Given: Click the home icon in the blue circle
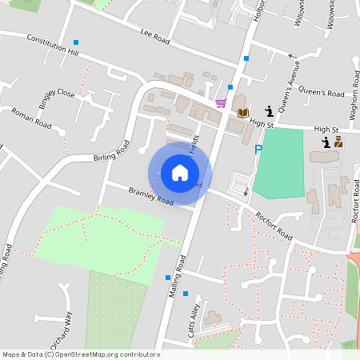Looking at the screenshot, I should tap(180, 173).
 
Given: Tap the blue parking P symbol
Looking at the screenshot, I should tap(258, 150).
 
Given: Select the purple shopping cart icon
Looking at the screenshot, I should tap(221, 103).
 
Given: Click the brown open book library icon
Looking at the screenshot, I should tap(243, 112).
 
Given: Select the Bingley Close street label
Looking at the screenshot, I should tap(57, 99).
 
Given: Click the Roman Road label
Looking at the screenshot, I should tap(32, 119).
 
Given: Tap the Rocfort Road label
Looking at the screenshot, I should tap(274, 227).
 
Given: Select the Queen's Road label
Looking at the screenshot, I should tap(322, 93).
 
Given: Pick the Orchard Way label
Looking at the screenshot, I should tap(62, 330).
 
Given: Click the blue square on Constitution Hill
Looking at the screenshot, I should tap(76, 42).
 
